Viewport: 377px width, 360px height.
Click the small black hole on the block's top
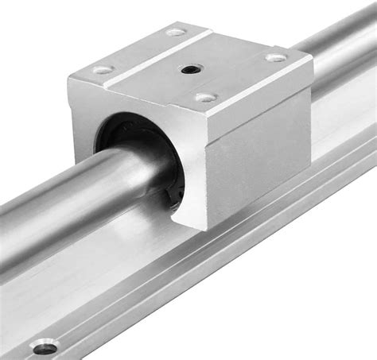coord(190,70)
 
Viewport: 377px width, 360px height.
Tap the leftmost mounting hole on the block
coord(103,70)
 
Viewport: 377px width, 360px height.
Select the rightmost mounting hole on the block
coord(275,57)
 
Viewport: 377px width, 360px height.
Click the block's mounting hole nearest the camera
coord(205,97)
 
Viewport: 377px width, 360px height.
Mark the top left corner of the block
coord(70,75)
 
